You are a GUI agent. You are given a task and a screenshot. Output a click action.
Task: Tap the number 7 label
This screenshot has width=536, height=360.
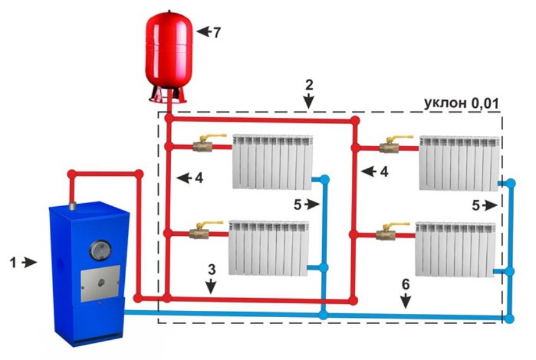(x=216, y=32)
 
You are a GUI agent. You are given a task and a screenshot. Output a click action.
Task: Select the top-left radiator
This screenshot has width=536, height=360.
(x=272, y=160)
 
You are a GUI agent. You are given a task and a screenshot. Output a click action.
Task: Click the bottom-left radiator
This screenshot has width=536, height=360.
(x=268, y=247)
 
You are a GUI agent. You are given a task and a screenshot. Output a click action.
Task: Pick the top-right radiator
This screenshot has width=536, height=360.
(x=460, y=161)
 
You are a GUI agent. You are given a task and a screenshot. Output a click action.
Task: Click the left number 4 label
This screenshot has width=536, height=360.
(x=199, y=178)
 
